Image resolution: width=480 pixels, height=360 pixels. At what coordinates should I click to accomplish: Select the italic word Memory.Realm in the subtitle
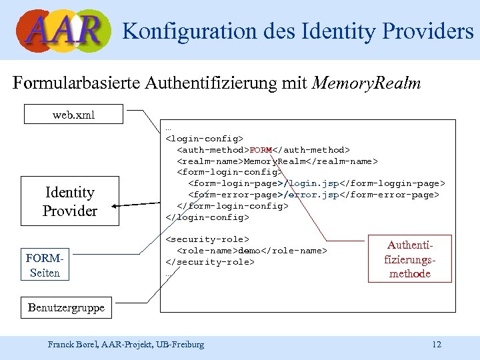tap(366, 83)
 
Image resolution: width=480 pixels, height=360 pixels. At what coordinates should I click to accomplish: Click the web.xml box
tap(73, 115)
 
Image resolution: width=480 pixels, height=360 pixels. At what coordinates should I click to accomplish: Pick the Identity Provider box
tap(69, 201)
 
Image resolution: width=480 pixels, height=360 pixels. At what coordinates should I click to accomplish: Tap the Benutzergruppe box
tap(66, 308)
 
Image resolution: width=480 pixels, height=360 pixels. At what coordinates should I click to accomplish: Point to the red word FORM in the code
tap(261, 150)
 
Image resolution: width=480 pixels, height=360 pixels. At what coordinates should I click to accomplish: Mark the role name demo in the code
tap(249, 251)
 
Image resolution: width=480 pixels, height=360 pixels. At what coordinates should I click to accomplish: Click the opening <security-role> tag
tap(207, 239)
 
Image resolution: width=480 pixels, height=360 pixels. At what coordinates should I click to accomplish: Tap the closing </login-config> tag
tap(207, 217)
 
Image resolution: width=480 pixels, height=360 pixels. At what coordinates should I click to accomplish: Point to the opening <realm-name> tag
tap(209, 161)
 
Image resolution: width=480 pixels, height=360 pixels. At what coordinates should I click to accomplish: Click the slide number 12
tap(437, 345)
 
